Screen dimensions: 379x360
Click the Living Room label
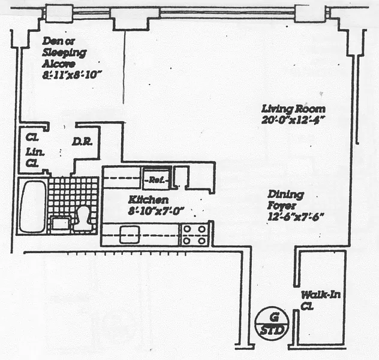[293, 109]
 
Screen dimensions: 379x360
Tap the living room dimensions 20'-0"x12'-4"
[293, 120]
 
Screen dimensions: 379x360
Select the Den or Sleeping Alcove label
[64, 52]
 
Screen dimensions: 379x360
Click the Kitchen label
[148, 200]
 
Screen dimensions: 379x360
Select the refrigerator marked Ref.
[157, 179]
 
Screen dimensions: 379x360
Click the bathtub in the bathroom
[32, 206]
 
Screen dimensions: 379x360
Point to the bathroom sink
[60, 223]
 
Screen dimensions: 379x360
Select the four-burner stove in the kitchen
[195, 234]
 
